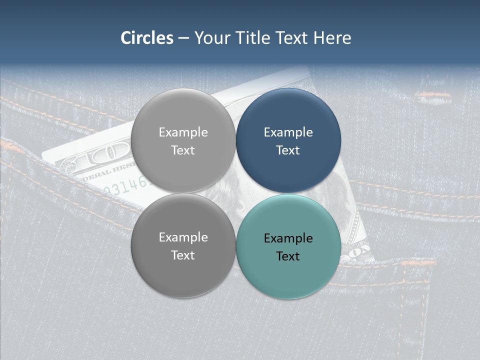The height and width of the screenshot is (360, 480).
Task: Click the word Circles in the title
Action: (146, 38)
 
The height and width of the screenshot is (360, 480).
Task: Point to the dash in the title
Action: (183, 38)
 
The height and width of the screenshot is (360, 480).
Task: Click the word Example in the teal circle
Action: (288, 238)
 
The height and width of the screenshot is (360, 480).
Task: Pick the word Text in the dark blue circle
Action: (288, 150)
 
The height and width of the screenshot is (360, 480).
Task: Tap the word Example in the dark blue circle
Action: (288, 132)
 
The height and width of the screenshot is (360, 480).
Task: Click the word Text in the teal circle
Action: (288, 256)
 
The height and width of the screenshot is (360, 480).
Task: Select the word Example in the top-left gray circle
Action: (183, 132)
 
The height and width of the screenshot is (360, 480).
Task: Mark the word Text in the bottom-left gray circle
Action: (183, 255)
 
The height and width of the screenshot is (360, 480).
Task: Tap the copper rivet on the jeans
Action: (432, 96)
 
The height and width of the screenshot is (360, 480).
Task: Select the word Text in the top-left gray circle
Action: (183, 150)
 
